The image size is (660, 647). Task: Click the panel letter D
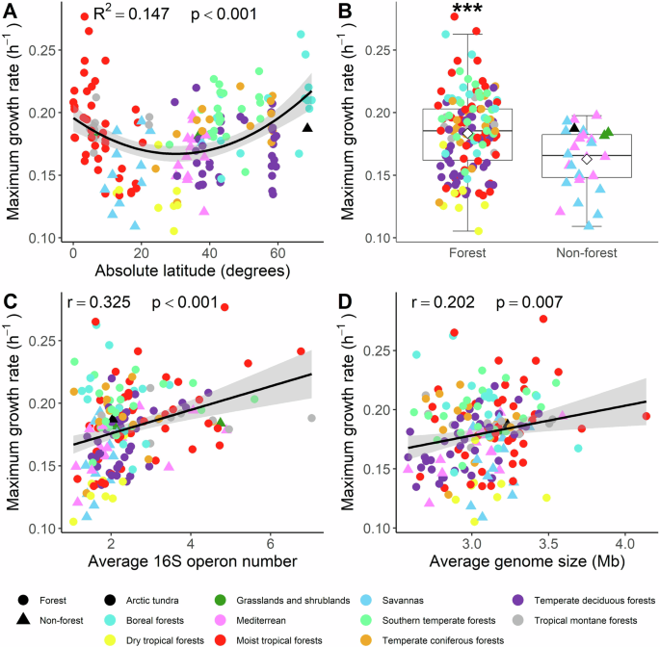[342, 302]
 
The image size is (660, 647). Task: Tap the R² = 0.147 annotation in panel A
[123, 14]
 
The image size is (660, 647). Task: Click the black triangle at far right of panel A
[307, 127]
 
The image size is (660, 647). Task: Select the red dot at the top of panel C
[224, 307]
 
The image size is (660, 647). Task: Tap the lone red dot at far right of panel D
[647, 416]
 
